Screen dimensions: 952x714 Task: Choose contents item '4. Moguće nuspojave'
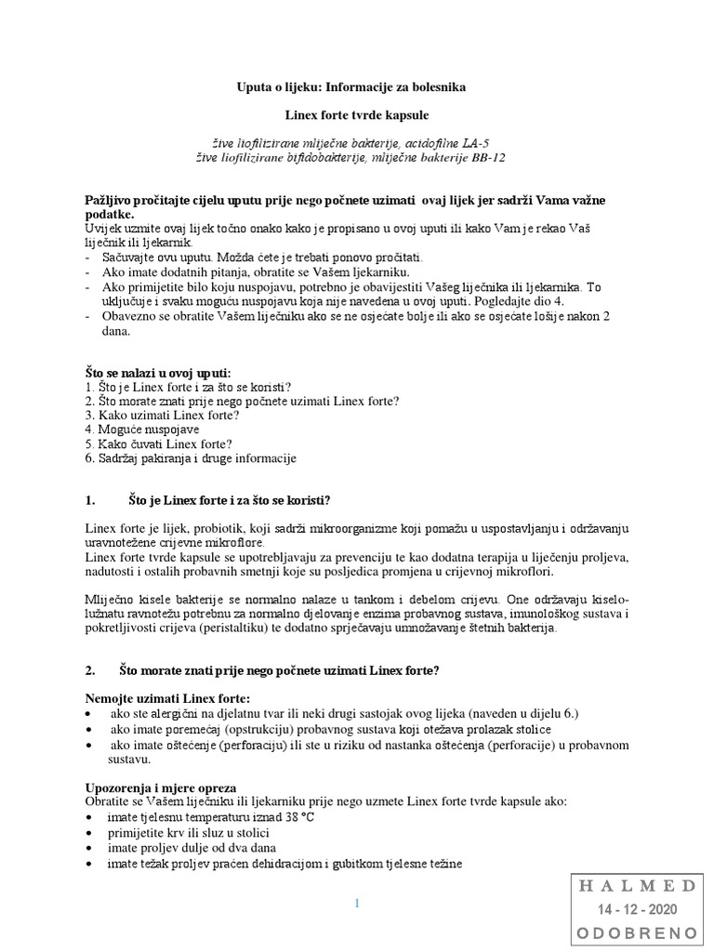tap(141, 430)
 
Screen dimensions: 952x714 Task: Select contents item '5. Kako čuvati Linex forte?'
tap(158, 444)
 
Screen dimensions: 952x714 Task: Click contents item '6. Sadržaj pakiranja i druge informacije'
tap(190, 458)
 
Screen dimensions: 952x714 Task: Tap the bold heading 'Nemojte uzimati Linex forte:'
tap(167, 698)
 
